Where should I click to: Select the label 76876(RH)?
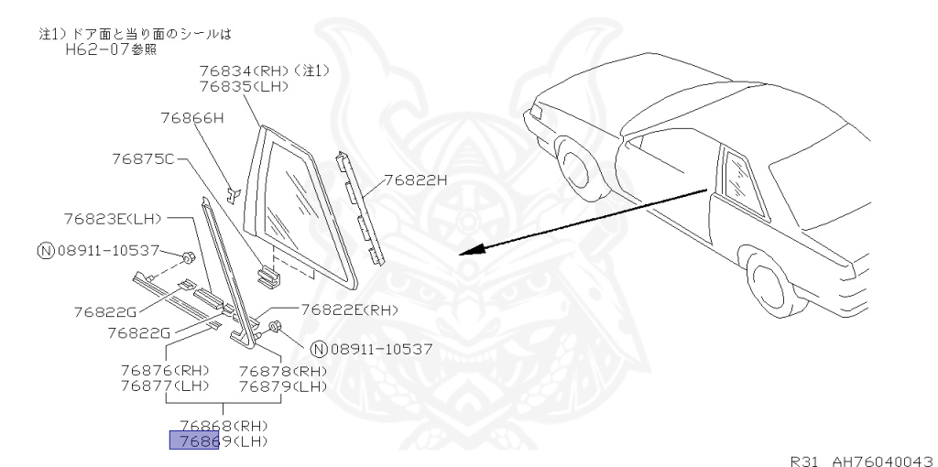click(165, 371)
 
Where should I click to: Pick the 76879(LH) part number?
click(283, 386)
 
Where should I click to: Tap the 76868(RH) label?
click(224, 426)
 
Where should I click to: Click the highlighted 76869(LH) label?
click(224, 441)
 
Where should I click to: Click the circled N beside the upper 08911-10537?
click(44, 250)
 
